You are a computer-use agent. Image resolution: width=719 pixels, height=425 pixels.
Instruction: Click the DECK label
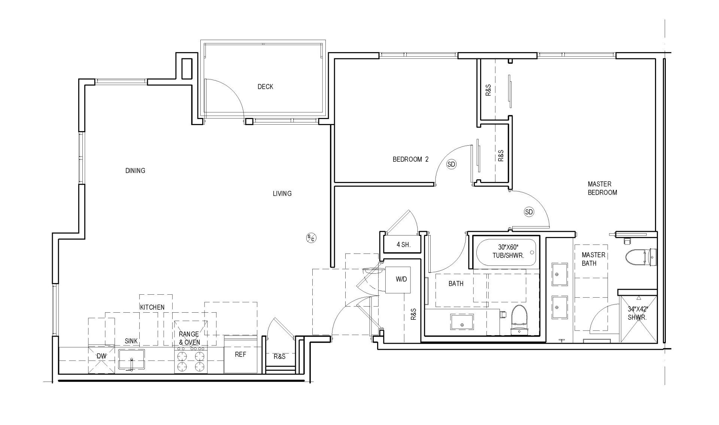pos(265,86)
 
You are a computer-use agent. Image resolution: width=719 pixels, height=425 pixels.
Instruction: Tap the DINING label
pos(135,171)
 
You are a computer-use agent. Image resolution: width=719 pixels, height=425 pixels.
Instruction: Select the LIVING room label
pos(282,194)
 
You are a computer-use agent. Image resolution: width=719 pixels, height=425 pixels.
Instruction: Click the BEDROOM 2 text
pos(410,159)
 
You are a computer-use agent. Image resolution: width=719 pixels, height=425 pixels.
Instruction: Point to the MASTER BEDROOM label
pos(602,188)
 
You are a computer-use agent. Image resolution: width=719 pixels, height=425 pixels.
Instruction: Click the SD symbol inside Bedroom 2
pos(452,164)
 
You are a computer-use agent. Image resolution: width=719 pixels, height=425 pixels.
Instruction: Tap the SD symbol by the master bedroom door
pos(529,212)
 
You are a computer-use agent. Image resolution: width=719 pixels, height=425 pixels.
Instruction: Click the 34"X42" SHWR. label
pos(637,313)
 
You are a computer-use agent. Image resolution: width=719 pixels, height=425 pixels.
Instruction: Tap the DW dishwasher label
pos(101,356)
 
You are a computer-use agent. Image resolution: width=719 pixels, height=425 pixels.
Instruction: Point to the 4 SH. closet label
pos(403,245)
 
